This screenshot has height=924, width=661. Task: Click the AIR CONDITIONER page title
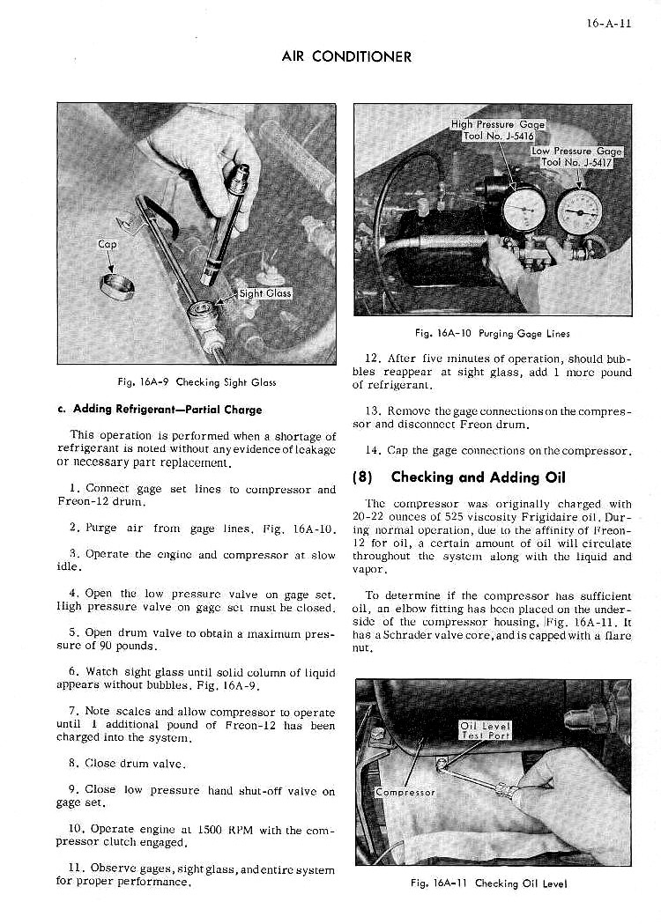pyautogui.click(x=346, y=57)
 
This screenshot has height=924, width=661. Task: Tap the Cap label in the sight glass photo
pyautogui.click(x=107, y=244)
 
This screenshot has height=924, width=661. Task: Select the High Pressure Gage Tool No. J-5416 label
pyautogui.click(x=498, y=130)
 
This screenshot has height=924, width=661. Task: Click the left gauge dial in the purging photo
pyautogui.click(x=524, y=209)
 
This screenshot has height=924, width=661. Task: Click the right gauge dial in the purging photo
pyautogui.click(x=581, y=211)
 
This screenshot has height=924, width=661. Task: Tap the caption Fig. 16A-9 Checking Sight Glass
pyautogui.click(x=197, y=382)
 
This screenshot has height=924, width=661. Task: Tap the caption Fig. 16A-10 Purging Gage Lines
pyautogui.click(x=492, y=333)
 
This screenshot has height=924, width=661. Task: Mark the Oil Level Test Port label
pyautogui.click(x=486, y=730)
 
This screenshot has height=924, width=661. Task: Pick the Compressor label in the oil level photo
pyautogui.click(x=405, y=792)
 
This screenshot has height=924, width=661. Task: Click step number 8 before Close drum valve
pyautogui.click(x=71, y=763)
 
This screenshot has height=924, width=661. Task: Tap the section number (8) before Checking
pyautogui.click(x=365, y=477)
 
